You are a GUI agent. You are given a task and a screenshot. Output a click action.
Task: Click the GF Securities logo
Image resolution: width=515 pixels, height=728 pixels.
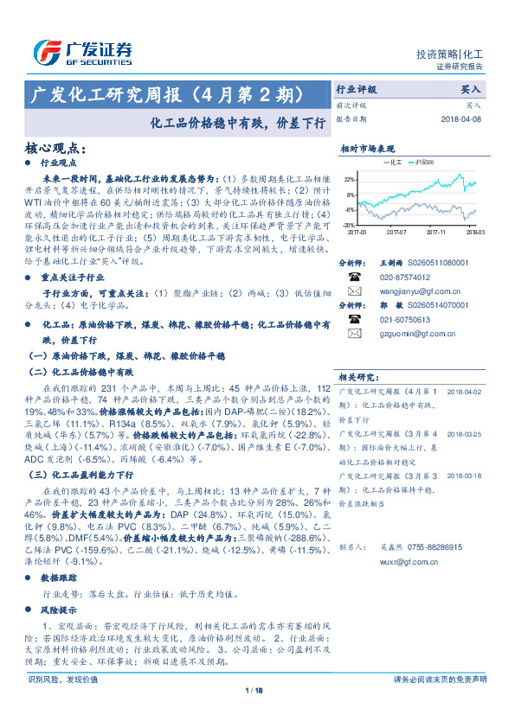82,53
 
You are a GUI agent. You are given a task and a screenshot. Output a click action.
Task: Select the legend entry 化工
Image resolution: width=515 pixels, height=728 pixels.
391,162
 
